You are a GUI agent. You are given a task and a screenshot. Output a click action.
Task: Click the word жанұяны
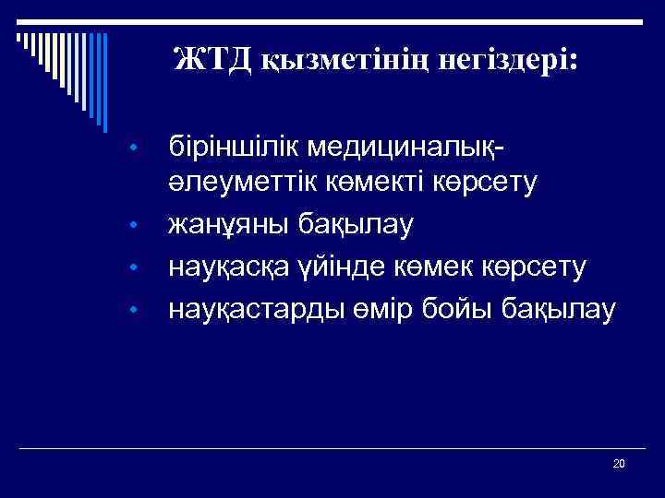(x=222, y=224)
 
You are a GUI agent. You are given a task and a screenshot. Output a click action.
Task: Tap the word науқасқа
(x=227, y=266)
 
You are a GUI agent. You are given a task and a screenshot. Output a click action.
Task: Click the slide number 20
(x=619, y=463)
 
